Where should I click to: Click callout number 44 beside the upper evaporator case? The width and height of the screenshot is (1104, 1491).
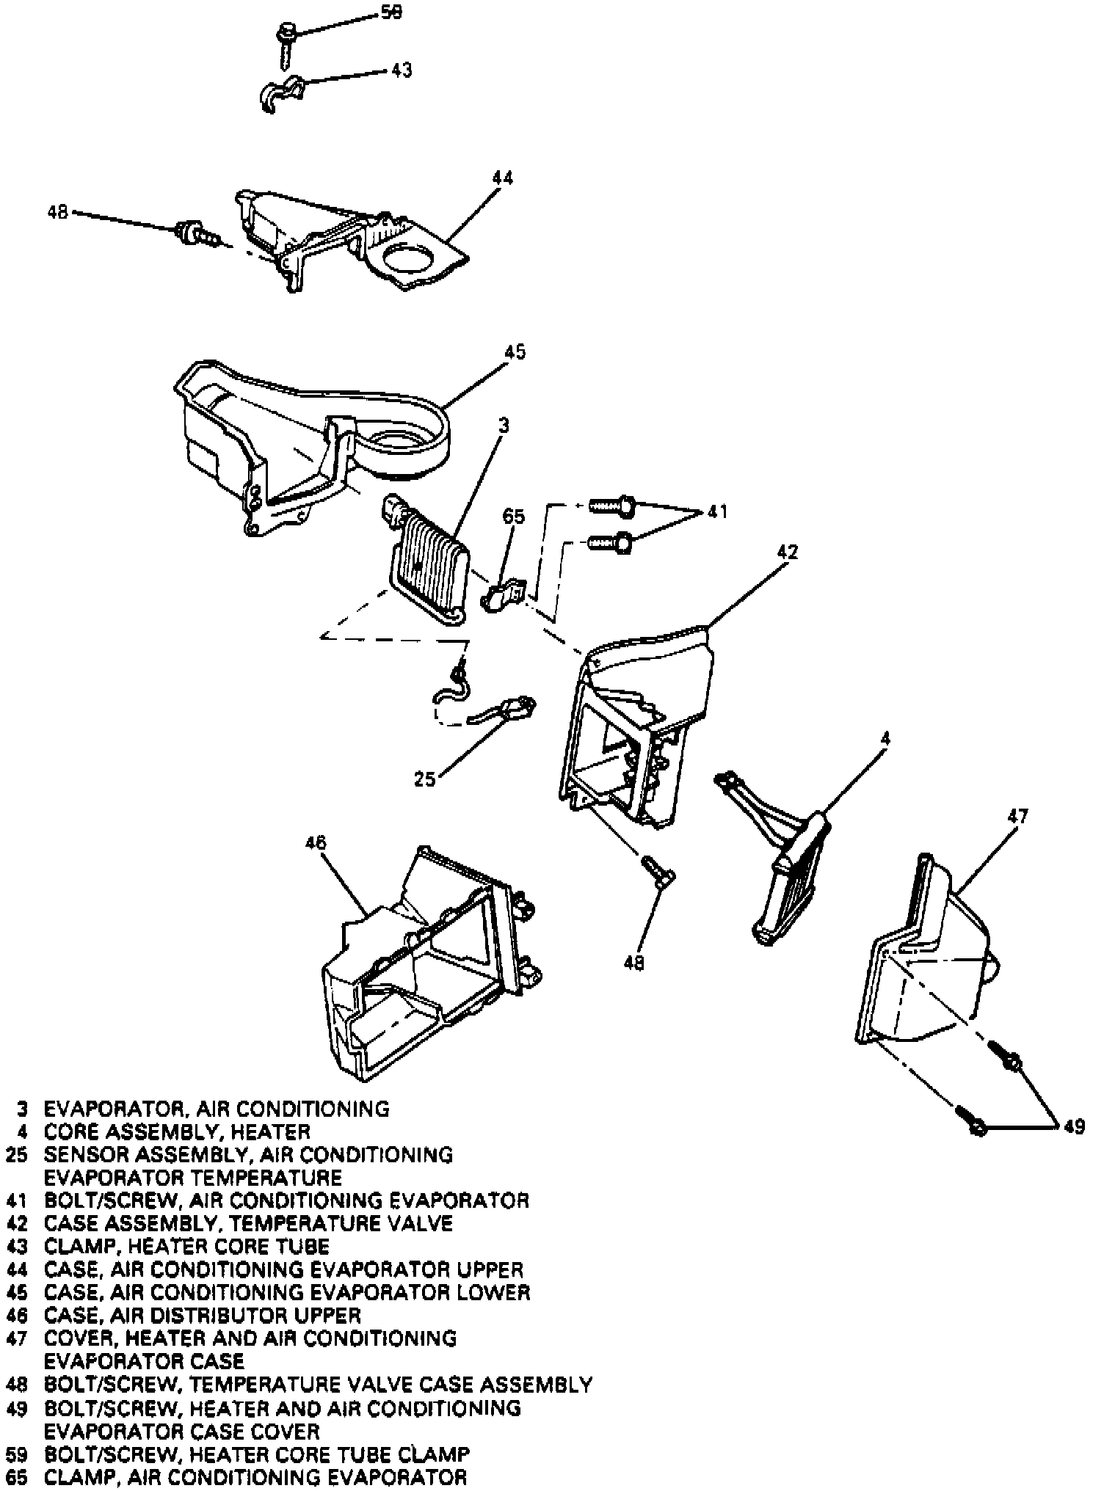(503, 178)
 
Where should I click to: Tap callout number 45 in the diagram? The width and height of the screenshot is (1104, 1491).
(515, 352)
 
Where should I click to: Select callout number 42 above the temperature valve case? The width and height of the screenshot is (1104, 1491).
(786, 552)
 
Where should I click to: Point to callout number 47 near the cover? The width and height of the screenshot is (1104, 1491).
(1017, 816)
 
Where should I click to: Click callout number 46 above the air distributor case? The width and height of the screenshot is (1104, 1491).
(316, 842)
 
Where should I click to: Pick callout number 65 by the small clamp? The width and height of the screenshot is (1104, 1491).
(513, 517)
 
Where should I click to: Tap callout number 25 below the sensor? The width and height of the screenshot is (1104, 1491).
(425, 779)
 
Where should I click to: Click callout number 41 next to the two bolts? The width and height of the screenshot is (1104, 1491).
(717, 511)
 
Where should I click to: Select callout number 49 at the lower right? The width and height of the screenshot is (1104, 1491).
(1073, 1126)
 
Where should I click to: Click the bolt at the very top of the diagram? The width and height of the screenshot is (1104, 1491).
(286, 37)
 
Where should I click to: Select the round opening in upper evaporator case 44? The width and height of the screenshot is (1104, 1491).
(402, 261)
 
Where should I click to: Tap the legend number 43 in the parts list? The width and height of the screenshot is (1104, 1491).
(16, 1246)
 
